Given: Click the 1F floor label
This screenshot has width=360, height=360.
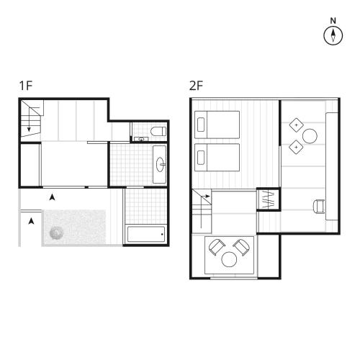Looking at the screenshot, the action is [x=26, y=86].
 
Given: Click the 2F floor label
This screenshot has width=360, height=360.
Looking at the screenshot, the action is [x=196, y=86].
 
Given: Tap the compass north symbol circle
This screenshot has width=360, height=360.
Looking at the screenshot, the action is [x=333, y=35].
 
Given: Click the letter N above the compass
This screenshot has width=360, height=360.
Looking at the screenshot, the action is [x=333, y=21].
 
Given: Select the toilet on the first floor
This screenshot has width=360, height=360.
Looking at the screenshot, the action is [x=158, y=131].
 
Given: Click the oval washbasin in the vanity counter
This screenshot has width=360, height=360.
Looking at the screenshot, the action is [x=160, y=165].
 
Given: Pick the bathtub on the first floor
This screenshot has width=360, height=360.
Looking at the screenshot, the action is [x=146, y=234].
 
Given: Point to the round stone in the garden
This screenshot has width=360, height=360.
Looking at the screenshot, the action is [x=57, y=233].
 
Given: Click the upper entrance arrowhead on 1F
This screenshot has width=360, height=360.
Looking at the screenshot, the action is [x=52, y=197].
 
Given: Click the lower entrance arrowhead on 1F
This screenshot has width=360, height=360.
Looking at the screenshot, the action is [x=31, y=221].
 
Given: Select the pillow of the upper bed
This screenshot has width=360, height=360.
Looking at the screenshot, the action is [x=201, y=125].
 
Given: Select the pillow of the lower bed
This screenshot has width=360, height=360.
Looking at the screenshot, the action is [x=201, y=158].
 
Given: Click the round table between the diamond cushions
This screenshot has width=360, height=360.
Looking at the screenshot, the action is [x=310, y=136].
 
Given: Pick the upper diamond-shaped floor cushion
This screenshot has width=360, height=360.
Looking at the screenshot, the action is [x=296, y=125].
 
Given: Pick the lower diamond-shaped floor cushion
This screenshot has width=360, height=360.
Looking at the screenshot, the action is [x=296, y=147].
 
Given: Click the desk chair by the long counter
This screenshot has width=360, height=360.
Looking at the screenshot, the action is [x=319, y=206].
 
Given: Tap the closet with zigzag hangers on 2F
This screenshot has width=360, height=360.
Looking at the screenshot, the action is [x=268, y=200].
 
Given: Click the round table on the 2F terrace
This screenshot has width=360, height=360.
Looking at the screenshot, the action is [x=229, y=259].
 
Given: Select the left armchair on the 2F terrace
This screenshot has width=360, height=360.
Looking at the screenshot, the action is [x=217, y=247].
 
